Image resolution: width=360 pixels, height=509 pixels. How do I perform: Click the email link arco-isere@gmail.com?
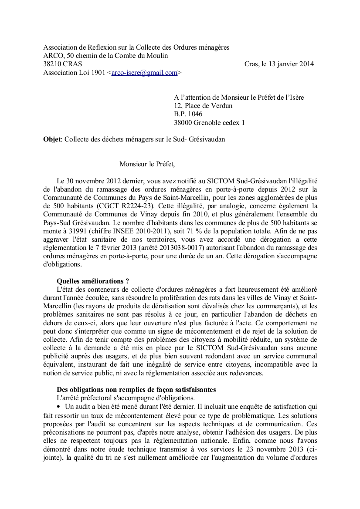pos(145,73)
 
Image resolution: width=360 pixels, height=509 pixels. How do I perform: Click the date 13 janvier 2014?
pos(288,64)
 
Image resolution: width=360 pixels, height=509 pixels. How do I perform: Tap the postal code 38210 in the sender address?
pos(52,64)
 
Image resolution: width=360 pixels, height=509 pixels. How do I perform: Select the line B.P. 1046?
pos(188,114)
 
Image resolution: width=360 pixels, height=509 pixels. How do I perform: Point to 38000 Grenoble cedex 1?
pos(209,123)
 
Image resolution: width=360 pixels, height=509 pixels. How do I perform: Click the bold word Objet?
pos(52,140)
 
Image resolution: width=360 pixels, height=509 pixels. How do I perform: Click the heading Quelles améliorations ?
pos(93,281)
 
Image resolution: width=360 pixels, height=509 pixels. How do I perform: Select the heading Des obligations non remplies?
pos(136,389)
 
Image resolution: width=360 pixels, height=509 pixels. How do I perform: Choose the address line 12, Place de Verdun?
pos(203,106)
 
